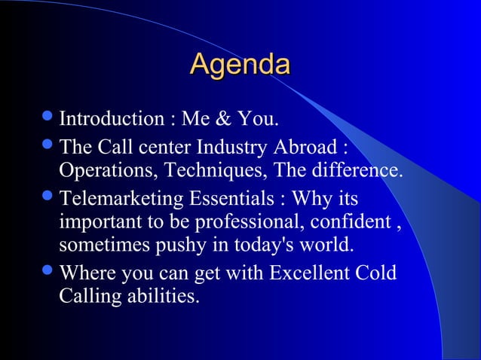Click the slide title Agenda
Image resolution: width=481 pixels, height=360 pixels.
pos(240,65)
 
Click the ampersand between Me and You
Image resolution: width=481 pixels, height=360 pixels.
pos(225,119)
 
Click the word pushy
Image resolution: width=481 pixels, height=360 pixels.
pos(173,246)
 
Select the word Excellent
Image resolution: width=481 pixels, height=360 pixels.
pos(308,272)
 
